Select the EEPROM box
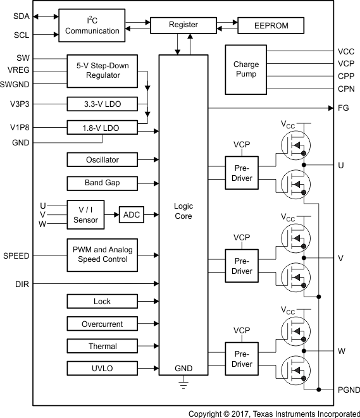(271, 25)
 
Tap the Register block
(183, 25)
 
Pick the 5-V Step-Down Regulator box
(102, 70)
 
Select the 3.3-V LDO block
(102, 104)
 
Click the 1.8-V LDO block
(102, 128)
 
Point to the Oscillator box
(102, 159)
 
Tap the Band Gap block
(102, 183)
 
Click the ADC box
(132, 215)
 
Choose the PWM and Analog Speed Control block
(102, 254)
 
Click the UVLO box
(102, 369)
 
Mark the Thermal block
(102, 346)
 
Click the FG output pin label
(344, 108)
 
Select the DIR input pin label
(21, 284)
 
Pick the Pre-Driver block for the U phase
(242, 173)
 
